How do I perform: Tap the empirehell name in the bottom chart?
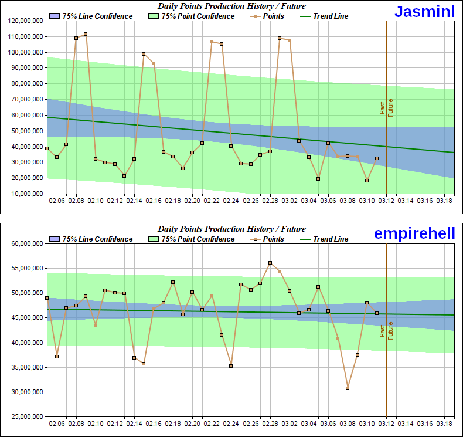[x=415, y=233]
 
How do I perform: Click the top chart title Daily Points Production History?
[x=231, y=6]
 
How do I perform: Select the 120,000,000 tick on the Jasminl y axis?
[x=25, y=21]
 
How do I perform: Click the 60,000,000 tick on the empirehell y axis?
[x=26, y=243]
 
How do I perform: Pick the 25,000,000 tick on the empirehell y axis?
[x=26, y=416]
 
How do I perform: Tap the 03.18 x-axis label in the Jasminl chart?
[x=444, y=201]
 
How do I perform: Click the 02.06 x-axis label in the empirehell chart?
[x=57, y=424]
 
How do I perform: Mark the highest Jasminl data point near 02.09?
[x=86, y=34]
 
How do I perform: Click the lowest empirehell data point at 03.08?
[x=348, y=388]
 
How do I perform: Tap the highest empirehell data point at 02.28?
[x=270, y=263]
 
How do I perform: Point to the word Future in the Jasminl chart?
[x=390, y=107]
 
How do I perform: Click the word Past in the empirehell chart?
[x=382, y=331]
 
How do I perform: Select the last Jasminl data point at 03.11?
[x=377, y=158]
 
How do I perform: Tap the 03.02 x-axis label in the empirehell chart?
[x=290, y=424]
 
